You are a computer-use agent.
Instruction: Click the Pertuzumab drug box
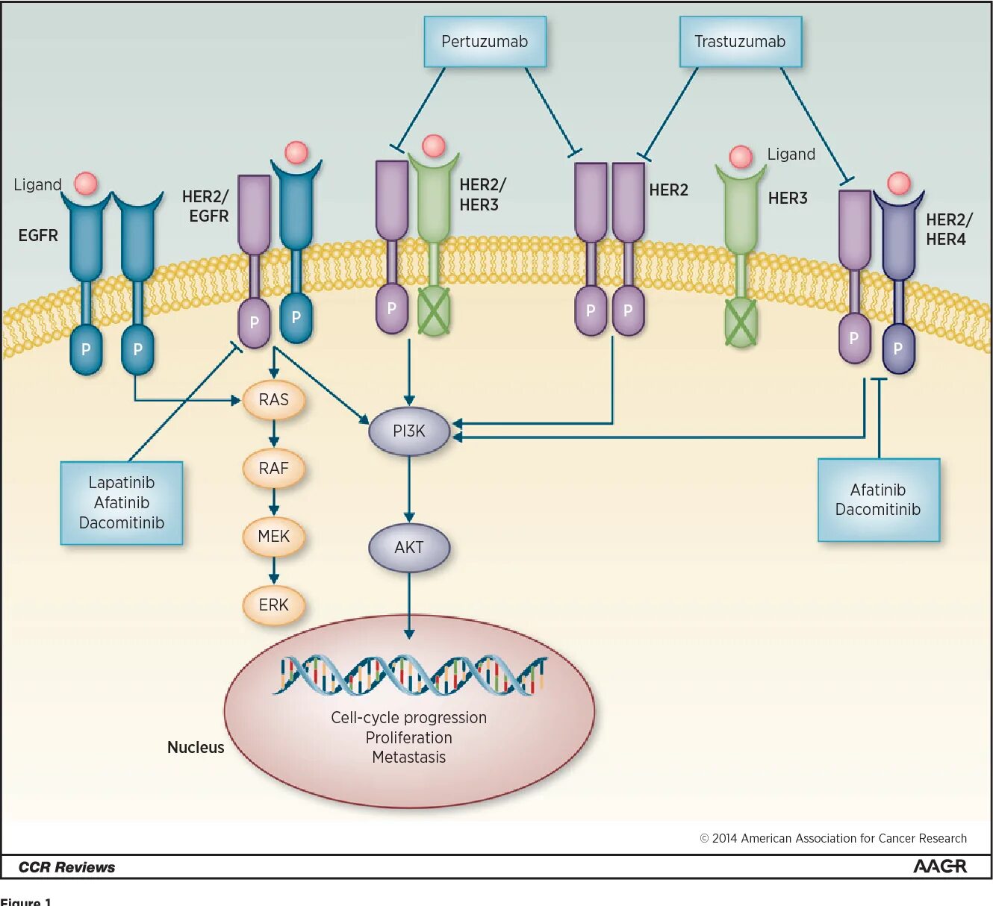tap(485, 42)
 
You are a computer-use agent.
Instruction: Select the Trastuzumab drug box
tap(740, 42)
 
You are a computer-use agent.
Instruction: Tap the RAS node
tap(273, 400)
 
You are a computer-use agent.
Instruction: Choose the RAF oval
tap(273, 468)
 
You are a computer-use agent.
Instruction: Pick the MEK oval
tap(273, 537)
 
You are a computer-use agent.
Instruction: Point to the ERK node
tap(273, 604)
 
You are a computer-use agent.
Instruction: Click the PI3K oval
tap(409, 431)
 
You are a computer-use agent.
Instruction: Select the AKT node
tap(409, 547)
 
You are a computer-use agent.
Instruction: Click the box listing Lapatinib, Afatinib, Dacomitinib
tap(122, 503)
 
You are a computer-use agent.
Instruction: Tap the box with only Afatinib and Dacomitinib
tap(878, 500)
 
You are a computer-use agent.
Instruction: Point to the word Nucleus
tap(196, 747)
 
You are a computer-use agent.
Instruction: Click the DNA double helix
tap(410, 675)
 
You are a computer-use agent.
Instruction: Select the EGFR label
tap(38, 236)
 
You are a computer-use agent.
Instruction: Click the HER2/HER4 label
tap(949, 229)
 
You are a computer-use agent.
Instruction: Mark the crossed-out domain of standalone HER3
tap(741, 323)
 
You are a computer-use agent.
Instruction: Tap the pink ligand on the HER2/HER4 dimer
tap(899, 184)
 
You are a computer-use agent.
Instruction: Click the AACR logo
tap(939, 866)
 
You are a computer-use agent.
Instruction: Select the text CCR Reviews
tap(66, 867)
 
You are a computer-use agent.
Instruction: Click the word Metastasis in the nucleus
tap(409, 757)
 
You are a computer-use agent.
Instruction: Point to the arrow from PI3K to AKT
tap(409, 489)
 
